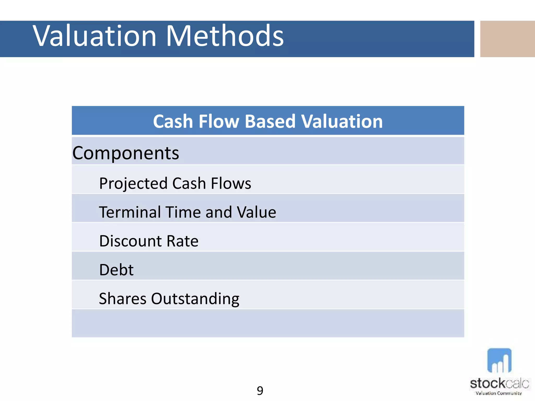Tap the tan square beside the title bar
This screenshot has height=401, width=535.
tap(507, 39)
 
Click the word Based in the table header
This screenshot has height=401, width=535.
tap(270, 122)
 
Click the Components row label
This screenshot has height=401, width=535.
tap(126, 153)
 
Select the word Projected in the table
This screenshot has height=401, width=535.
tap(133, 184)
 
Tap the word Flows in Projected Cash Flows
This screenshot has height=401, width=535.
tap(231, 183)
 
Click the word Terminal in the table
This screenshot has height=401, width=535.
tap(130, 212)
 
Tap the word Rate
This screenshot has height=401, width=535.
tap(182, 241)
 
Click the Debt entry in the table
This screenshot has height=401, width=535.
tap(116, 270)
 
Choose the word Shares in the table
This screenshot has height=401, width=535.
tap(123, 299)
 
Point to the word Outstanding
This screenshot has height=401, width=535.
tap(195, 299)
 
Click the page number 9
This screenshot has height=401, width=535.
tap(260, 391)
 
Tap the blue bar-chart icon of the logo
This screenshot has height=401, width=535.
tap(499, 361)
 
